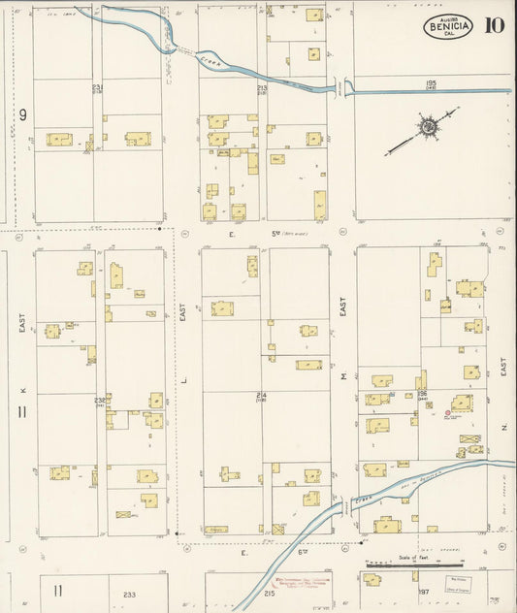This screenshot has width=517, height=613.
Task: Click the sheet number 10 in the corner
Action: pos(495,25)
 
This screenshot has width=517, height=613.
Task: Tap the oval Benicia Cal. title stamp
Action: pos(447,26)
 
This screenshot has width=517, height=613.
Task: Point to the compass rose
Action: pos(426,126)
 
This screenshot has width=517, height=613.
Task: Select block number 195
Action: pos(431,83)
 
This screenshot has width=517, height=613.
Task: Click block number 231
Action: pos(97,87)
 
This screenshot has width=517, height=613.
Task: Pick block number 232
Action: pos(100,399)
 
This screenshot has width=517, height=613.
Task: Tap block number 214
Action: pos(262,395)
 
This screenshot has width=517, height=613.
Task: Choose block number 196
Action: pos(423,394)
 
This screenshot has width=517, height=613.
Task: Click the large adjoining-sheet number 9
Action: pos(21,115)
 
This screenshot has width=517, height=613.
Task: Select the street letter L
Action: pos(181,379)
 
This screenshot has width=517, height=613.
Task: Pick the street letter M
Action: pos(342,378)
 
